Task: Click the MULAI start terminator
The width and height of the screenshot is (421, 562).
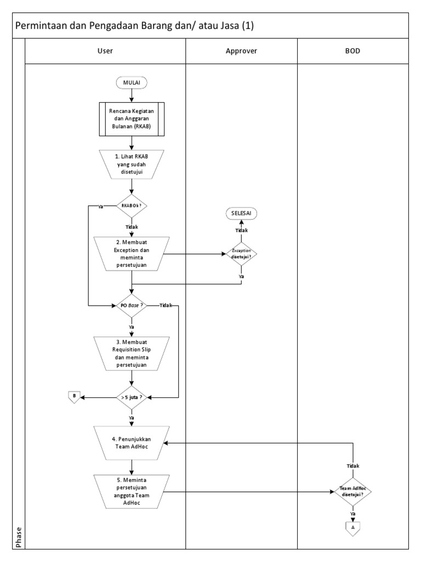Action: (132, 82)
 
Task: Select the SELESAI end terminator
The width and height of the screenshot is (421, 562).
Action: (241, 213)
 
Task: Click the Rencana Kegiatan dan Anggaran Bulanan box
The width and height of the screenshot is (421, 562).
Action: (132, 118)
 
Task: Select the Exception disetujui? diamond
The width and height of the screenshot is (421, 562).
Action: (241, 254)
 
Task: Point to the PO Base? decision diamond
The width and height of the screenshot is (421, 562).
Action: (132, 305)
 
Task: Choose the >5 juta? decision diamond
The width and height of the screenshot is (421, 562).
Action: (132, 396)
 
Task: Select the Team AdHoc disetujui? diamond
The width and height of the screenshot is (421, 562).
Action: (353, 492)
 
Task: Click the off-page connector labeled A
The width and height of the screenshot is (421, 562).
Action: (353, 526)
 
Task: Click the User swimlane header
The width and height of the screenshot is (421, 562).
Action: (105, 51)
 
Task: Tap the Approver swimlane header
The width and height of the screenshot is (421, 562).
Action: (241, 51)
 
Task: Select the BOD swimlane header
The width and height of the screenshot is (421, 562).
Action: (353, 51)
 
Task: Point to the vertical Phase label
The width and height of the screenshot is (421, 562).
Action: (19, 536)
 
